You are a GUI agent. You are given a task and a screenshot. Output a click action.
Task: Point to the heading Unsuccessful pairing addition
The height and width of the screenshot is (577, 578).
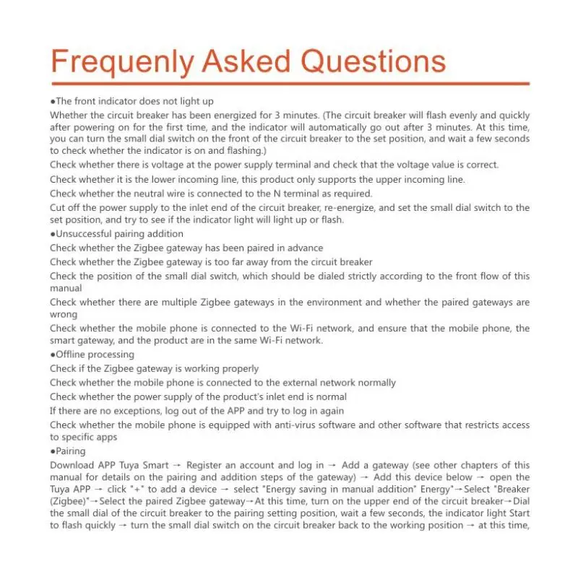[x=116, y=234]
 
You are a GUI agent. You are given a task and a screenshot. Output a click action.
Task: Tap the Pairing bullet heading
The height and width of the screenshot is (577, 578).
[x=68, y=451]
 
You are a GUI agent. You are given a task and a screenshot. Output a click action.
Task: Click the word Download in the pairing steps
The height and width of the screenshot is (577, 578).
[x=72, y=466]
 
